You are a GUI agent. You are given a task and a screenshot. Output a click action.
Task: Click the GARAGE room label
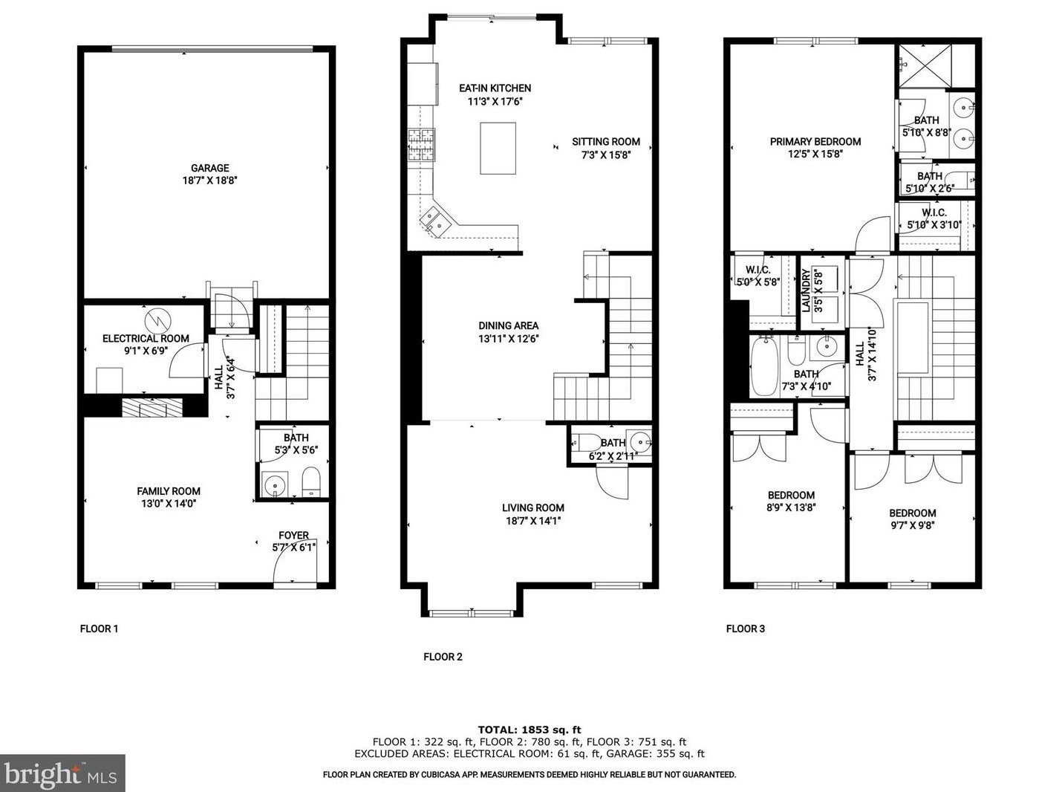coord(209,168)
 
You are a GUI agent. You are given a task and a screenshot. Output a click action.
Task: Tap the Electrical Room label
coord(146,339)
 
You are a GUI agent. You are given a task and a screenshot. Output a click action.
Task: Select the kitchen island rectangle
coord(498,149)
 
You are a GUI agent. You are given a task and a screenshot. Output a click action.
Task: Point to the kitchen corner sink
coord(434,221)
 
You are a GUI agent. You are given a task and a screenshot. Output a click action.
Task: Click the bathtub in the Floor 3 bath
coord(764,367)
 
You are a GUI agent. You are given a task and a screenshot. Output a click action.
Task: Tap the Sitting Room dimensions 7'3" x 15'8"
coord(605,155)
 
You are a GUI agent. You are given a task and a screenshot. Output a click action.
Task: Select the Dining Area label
coord(508,325)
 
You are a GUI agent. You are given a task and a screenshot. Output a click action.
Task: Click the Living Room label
coord(532,508)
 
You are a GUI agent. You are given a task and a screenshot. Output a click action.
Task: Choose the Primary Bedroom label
coord(815,142)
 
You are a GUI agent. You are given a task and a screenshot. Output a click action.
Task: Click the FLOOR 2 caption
coord(443,657)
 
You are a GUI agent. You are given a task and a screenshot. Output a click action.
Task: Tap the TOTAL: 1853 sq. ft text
coord(529,730)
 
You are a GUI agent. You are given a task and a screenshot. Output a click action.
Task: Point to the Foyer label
coord(293,536)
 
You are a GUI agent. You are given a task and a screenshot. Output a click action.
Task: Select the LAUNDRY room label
coord(806,290)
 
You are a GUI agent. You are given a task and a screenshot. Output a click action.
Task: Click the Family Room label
coord(169,491)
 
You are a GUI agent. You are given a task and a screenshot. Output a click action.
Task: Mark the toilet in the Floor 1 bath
coord(310,482)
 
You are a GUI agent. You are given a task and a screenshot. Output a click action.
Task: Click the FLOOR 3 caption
coord(745,629)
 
